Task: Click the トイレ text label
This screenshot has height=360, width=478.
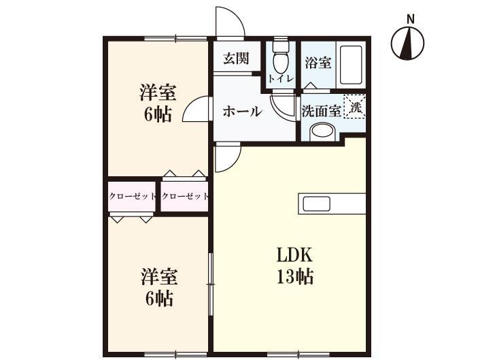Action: [280, 79]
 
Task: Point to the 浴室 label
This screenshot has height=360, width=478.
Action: [318, 63]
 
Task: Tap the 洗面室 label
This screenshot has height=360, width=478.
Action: [321, 110]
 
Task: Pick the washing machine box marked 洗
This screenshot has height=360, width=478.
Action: [355, 105]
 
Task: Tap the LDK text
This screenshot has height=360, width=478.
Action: [294, 256]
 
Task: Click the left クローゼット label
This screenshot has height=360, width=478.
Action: [133, 196]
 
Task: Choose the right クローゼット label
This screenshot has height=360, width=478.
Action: [185, 196]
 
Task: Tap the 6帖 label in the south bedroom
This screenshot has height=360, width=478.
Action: [158, 298]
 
